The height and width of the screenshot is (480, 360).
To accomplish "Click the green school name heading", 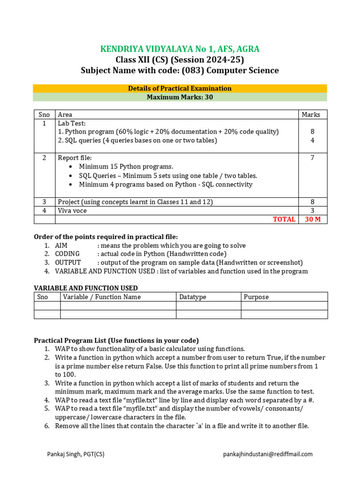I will coord(180,49).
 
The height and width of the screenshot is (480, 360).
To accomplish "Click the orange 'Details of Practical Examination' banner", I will coord(180,88).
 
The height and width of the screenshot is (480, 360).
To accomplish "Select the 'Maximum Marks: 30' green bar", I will coord(180,97).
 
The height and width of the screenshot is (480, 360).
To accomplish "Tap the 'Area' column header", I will coord(65,114).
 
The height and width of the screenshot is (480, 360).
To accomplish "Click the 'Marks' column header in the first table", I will coord(311,114).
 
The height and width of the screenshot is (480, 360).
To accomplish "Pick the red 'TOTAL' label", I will coord(284,219).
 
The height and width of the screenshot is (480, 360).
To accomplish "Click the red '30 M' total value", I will coord(312,219).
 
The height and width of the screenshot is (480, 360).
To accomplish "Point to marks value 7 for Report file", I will coord(312,158).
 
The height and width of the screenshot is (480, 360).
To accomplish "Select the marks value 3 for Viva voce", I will coord(312,210).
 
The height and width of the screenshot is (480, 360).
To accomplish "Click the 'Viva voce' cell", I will coord(72,210).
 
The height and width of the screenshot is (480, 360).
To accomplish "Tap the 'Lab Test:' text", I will coord(72,123).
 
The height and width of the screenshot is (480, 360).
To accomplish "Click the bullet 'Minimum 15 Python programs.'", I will coord(126,166).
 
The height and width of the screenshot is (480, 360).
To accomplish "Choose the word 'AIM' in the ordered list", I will coord(61,246).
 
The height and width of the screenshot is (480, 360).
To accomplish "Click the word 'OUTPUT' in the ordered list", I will coord(68,262).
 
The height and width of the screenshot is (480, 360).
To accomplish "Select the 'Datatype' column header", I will coord(193,297).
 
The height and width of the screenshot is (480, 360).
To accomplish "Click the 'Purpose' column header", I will coord(256,297).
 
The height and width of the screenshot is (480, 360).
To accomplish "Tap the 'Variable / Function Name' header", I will coord(102,297).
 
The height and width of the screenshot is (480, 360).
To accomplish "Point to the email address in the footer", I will coord(268,454).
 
